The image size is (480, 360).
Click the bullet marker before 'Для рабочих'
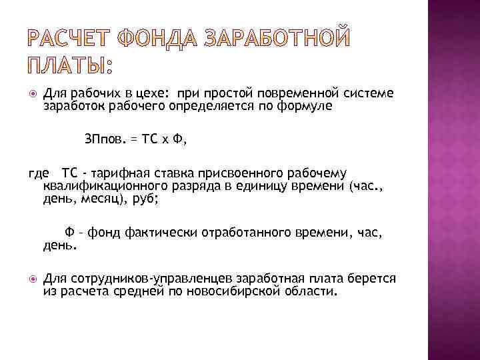click(33, 94)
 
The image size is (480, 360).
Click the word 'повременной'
click(293, 94)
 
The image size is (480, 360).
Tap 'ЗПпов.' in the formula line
click(105, 139)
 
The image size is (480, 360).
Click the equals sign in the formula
click(134, 139)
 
